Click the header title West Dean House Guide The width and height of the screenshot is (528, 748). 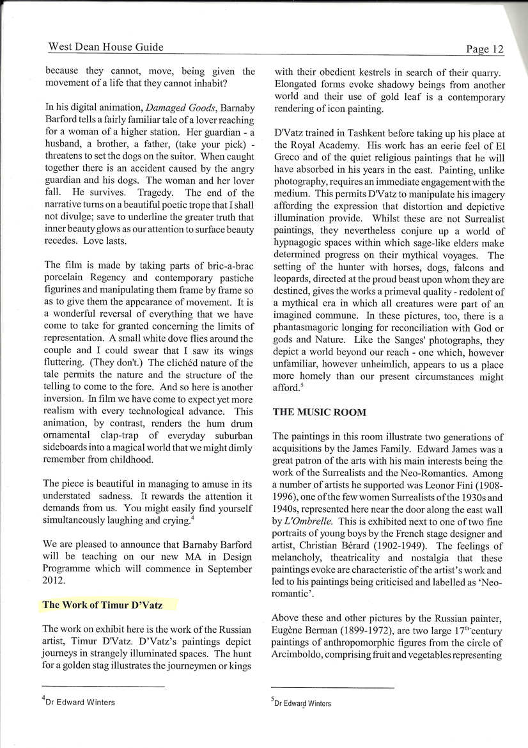tap(105, 47)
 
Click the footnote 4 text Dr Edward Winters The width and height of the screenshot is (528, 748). tap(80, 702)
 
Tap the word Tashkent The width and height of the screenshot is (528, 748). tap(361, 134)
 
